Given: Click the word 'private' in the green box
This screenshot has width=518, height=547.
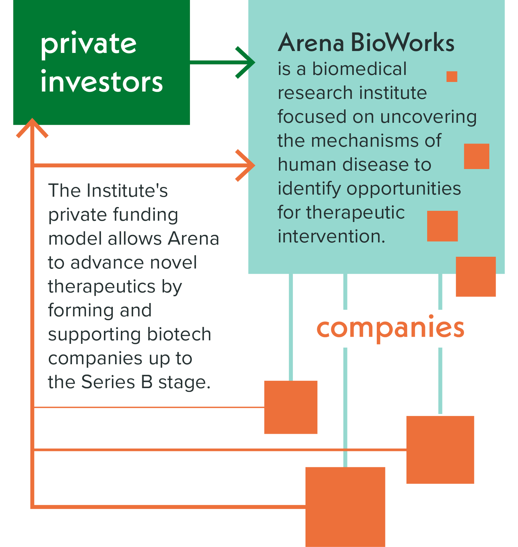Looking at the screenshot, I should (88, 44).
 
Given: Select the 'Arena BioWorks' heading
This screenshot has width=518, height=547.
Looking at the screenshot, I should (366, 43).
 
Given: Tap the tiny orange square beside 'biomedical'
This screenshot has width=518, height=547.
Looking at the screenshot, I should (452, 76).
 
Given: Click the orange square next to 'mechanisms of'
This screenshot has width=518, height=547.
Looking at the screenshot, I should (477, 156).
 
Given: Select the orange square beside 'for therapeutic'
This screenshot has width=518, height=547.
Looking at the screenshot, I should (442, 226).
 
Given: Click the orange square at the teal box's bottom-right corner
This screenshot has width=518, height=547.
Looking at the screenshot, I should (476, 276).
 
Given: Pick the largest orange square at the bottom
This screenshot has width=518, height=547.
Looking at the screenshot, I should (355, 507).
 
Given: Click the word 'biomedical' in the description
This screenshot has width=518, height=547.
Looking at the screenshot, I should (359, 69).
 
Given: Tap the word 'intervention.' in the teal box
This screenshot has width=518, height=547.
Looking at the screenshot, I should (331, 236).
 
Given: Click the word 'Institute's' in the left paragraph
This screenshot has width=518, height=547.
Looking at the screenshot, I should (127, 191).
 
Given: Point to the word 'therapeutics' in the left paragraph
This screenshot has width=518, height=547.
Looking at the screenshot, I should (102, 286).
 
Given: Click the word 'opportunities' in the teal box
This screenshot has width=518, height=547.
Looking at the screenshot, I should (404, 189).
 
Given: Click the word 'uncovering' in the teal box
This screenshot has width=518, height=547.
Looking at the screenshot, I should (428, 117).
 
